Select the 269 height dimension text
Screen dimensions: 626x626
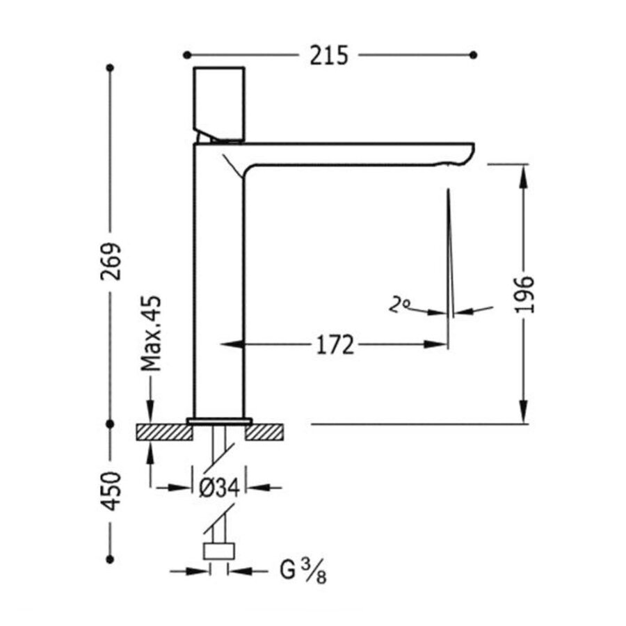click(x=111, y=261)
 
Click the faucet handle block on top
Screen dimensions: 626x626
click(x=219, y=103)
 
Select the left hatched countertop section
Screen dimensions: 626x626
click(x=163, y=432)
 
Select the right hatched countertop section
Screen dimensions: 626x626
click(x=266, y=432)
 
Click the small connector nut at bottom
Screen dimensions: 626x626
click(x=218, y=552)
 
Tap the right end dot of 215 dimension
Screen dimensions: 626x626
click(x=474, y=54)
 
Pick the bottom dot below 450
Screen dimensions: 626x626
click(x=109, y=559)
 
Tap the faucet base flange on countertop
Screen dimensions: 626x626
click(x=218, y=421)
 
